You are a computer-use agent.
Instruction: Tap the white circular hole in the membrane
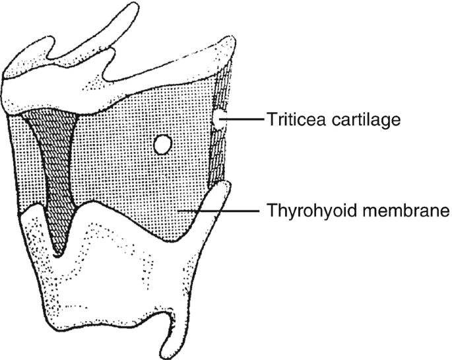click(161, 143)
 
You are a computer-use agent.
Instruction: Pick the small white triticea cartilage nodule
click(218, 120)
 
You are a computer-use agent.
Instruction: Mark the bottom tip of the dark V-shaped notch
click(59, 254)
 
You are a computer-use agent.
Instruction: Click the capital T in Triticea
click(271, 120)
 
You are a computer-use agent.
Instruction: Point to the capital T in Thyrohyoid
click(271, 212)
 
